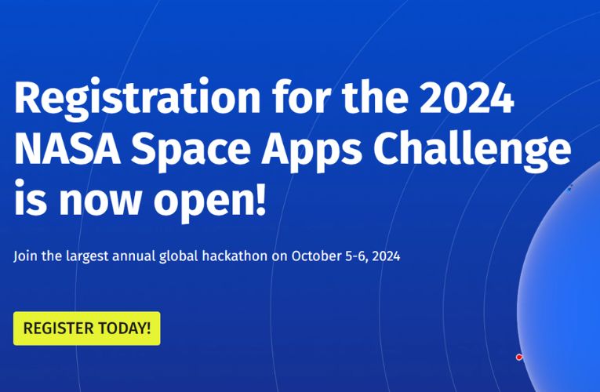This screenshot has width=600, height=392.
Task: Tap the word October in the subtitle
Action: (x=317, y=256)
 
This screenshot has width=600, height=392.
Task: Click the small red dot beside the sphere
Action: (x=519, y=358)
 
